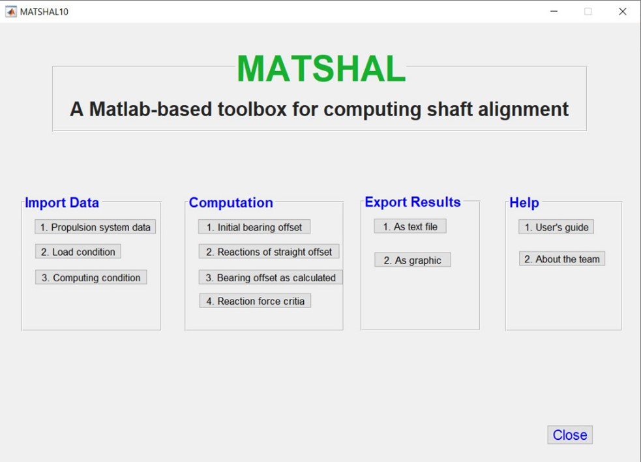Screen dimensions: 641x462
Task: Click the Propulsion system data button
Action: pos(95,227)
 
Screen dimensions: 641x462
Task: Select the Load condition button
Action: pos(78,252)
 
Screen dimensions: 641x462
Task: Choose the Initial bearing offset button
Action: pos(254,227)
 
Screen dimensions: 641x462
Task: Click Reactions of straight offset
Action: pos(269,252)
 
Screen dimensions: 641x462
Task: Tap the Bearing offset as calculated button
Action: pos(271,277)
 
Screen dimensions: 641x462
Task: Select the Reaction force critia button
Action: pos(255,301)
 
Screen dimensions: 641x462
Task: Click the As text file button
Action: pos(410,226)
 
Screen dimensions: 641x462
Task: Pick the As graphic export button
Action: pos(413,260)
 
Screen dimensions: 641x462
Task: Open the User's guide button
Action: pos(556,227)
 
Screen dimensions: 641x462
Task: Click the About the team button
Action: pos(562,258)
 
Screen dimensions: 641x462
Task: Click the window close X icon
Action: pos(623,12)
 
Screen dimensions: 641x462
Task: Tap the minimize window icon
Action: pos(554,12)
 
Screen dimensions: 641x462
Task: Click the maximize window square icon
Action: pos(588,12)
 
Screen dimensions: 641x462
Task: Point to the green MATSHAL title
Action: pos(321,69)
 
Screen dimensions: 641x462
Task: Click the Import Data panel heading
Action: pos(62,202)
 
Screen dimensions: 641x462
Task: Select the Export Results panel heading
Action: pos(413,202)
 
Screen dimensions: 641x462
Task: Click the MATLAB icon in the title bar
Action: pos(11,12)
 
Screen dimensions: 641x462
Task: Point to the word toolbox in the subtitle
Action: pos(252,109)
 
